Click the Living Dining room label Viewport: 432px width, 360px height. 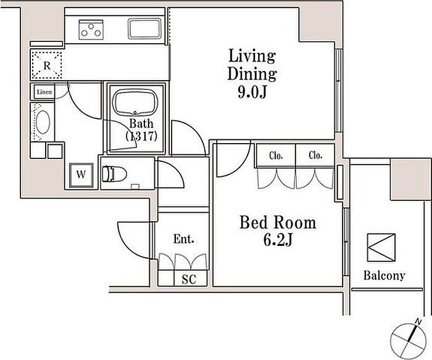pyautogui.click(x=252, y=64)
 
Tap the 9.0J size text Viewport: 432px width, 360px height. pyautogui.click(x=252, y=92)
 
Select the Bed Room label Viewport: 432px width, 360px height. pyautogui.click(x=278, y=223)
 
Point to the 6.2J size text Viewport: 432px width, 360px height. pyautogui.click(x=278, y=240)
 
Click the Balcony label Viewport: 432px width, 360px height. pyautogui.click(x=384, y=275)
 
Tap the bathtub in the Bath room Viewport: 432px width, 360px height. pyautogui.click(x=135, y=102)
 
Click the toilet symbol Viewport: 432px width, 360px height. pyautogui.click(x=114, y=174)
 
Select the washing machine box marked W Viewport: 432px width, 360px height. pyautogui.click(x=81, y=175)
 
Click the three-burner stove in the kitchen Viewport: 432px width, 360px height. pyautogui.click(x=91, y=30)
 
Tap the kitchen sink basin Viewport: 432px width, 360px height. pyautogui.click(x=144, y=28)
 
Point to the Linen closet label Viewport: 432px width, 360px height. pyautogui.click(x=44, y=92)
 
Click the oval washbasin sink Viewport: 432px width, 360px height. pyautogui.click(x=43, y=122)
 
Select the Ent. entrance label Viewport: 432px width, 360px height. pyautogui.click(x=183, y=239)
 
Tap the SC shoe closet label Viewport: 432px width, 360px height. pyautogui.click(x=189, y=279)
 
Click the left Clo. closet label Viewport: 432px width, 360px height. pyautogui.click(x=276, y=156)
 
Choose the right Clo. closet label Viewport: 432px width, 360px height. pyautogui.click(x=315, y=155)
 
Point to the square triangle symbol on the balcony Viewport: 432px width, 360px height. pyautogui.click(x=381, y=247)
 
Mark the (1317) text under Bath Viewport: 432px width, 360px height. pyautogui.click(x=141, y=136)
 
